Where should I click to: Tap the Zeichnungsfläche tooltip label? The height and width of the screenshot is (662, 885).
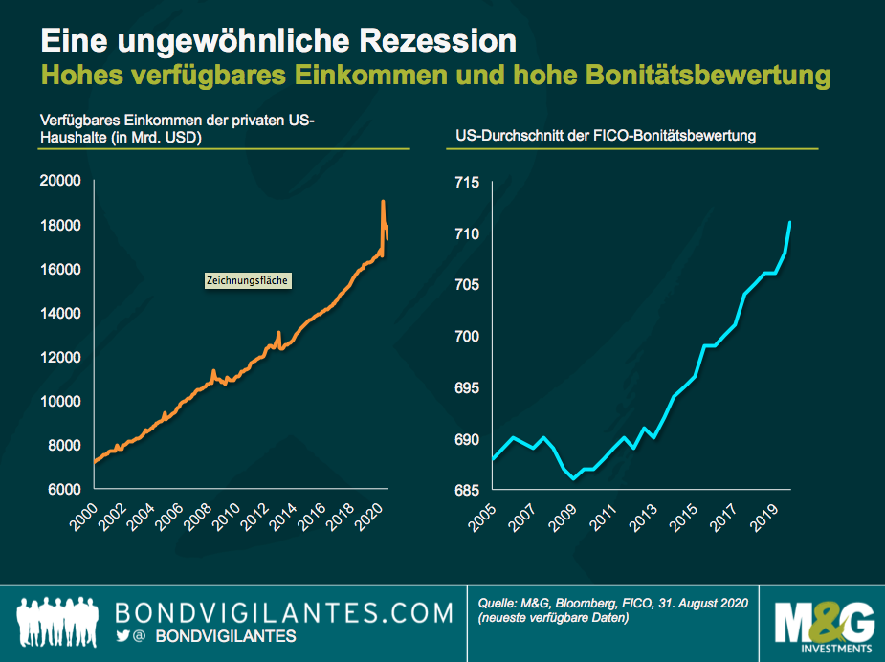click(247, 281)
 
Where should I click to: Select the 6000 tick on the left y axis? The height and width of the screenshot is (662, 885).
click(63, 489)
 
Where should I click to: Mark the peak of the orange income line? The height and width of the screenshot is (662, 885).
click(383, 202)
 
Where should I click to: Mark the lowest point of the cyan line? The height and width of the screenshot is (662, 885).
click(573, 478)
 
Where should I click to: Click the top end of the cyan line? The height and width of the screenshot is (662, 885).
click(790, 223)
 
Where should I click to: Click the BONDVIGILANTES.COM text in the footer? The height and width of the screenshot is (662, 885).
click(283, 611)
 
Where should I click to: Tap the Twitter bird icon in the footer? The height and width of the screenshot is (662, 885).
click(122, 636)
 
